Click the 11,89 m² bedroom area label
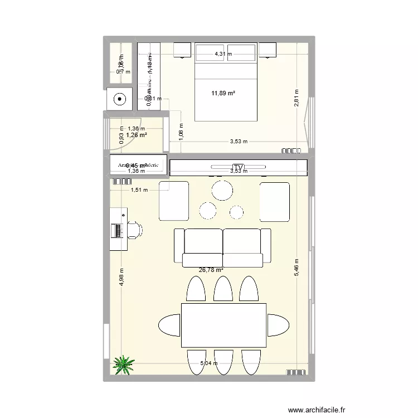pyautogui.click(x=223, y=93)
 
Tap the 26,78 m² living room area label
pyautogui.click(x=211, y=270)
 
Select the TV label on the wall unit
pyautogui.click(x=239, y=167)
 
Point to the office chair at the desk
pyautogui.click(x=135, y=229)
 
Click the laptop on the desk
pyautogui.click(x=118, y=230)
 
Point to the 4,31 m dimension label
pyautogui.click(x=223, y=54)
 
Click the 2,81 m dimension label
pyautogui.click(x=298, y=98)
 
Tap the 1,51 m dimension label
pyautogui.click(x=140, y=190)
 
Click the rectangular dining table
pyautogui.click(x=223, y=325)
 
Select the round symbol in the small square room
pyautogui.click(x=119, y=100)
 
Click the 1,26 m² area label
pyautogui.click(x=136, y=135)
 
